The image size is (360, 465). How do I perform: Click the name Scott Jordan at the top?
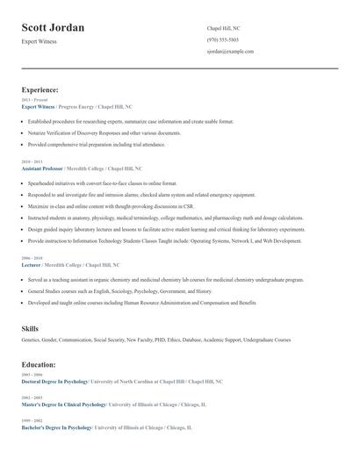[x=53, y=28]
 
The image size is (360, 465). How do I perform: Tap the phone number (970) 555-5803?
[x=224, y=39]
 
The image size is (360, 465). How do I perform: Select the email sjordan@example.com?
[x=230, y=51]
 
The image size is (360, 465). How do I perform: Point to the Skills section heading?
[x=30, y=327]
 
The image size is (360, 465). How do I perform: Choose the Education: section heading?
[x=39, y=364]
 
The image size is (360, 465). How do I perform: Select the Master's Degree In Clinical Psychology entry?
[x=63, y=404]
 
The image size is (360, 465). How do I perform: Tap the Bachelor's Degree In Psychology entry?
[x=56, y=427]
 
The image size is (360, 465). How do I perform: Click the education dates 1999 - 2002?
[x=31, y=421]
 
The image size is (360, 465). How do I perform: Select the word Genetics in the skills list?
[x=30, y=339]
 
